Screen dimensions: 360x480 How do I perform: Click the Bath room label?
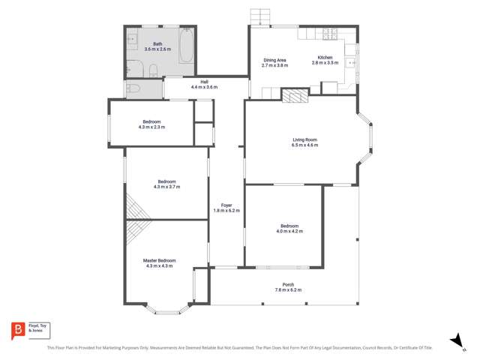pyautogui.click(x=157, y=44)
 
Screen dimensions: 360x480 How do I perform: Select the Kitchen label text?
pyautogui.click(x=325, y=58)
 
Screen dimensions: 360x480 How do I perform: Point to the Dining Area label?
pyautogui.click(x=274, y=60)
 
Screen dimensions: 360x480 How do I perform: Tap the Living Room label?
pyautogui.click(x=305, y=139)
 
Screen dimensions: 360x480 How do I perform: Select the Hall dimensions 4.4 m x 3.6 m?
pyautogui.click(x=203, y=87)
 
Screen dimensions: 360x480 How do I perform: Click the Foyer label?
pyautogui.click(x=226, y=205)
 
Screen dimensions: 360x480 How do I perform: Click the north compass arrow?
pyautogui.click(x=454, y=340)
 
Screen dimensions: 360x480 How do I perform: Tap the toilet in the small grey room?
pyautogui.click(x=133, y=88)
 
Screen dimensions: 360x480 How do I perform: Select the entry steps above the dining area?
pyautogui.click(x=259, y=16)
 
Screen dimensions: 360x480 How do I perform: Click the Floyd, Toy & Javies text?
pyautogui.click(x=38, y=327)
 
